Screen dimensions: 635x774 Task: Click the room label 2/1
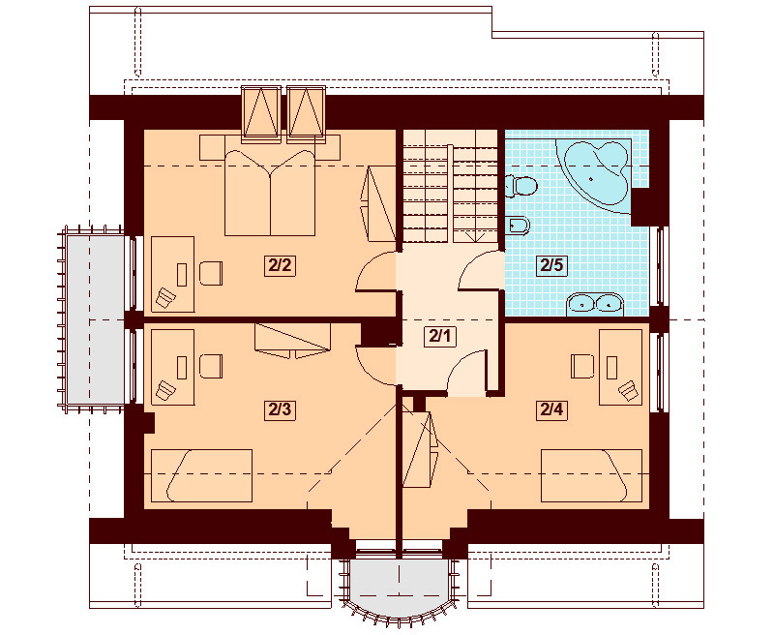coord(440,336)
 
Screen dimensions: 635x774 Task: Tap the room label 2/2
coord(279,265)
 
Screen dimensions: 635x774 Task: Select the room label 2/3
coord(279,409)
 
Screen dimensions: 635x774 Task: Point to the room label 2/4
coord(551,409)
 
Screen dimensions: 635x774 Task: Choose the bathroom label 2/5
coord(551,265)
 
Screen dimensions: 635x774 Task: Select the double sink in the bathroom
coord(594,303)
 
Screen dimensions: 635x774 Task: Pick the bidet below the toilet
coord(518,227)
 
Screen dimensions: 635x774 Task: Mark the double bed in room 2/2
coord(271,191)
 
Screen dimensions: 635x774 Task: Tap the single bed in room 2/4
coord(590,475)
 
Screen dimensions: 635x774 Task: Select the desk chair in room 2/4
coord(581,365)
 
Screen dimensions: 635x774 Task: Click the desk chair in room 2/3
coord(210,365)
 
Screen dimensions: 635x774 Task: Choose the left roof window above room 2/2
coord(260,112)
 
